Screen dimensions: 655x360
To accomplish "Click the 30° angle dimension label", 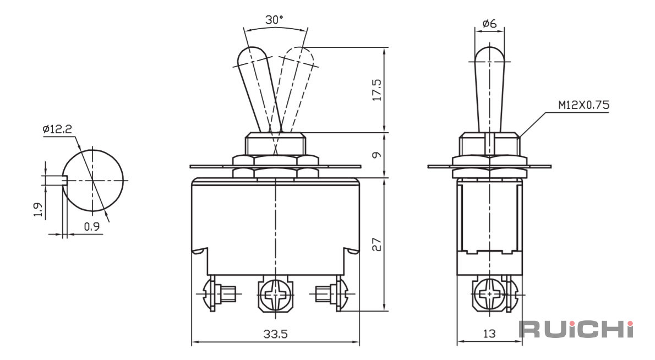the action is (274, 20).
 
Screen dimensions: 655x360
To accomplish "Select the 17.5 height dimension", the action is (377, 90).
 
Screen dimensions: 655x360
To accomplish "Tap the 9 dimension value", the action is (377, 155).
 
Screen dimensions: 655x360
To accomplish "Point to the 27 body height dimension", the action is (377, 244).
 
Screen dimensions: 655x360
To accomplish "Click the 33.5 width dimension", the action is (275, 334).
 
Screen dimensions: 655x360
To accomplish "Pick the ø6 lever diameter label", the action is (489, 24).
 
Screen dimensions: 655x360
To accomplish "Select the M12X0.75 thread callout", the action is (583, 105).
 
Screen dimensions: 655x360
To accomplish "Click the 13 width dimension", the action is (489, 334).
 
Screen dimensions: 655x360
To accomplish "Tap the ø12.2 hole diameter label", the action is (57, 129).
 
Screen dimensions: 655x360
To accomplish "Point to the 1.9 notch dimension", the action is (37, 210).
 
